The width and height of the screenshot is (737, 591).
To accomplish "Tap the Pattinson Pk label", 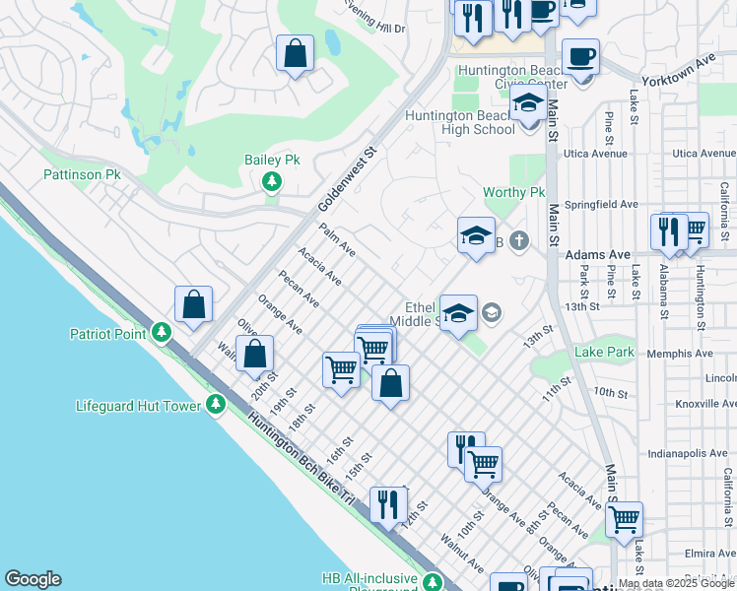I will pos(82,174).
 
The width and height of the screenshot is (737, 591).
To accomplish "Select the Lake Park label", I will pos(605,352).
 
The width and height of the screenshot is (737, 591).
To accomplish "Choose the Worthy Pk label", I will pos(513,192).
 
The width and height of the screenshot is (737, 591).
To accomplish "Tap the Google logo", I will pos(33,579).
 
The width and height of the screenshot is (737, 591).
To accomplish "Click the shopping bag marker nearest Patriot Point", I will pos(194,304).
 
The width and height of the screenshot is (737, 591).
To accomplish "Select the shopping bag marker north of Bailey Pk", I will pos(295,54).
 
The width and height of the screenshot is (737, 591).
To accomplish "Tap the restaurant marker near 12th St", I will pos(387,505).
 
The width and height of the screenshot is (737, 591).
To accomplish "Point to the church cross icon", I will pos(520,241).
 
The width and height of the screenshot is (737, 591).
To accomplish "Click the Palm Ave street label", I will pos(336,241).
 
